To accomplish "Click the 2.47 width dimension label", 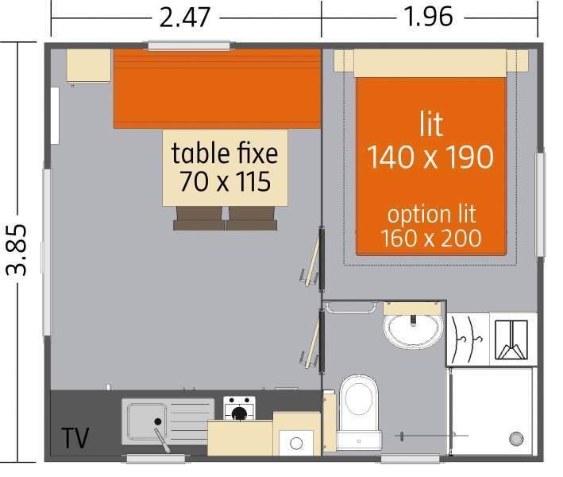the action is (184, 17).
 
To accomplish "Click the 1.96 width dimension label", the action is (428, 17).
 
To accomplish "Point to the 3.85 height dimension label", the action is (17, 250).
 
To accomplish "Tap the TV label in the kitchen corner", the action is (75, 438).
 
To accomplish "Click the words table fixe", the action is (225, 153).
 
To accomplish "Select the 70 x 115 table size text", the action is (226, 181).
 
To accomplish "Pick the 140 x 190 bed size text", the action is (430, 157).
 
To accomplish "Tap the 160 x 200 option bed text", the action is (431, 238).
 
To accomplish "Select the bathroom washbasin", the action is (413, 330).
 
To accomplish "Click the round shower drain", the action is (516, 439).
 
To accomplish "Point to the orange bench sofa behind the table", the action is (217, 89).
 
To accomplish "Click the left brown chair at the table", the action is (199, 219).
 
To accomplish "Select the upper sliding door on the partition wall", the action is (315, 259).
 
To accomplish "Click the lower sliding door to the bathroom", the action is (315, 342).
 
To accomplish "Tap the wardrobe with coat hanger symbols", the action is (468, 339).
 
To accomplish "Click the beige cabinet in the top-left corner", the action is (88, 66).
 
